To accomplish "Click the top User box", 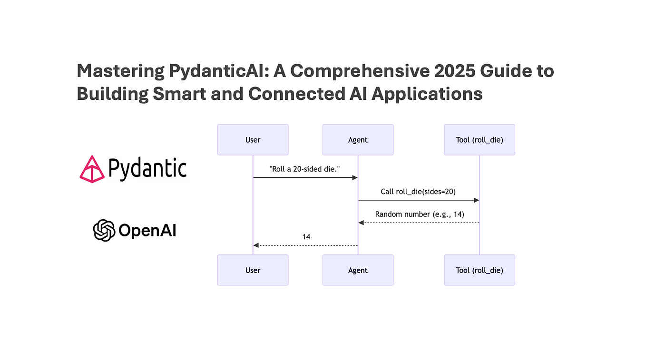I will tap(253, 140).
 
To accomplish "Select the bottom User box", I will tap(253, 270).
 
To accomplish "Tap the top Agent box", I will tap(358, 140).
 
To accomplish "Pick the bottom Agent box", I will tap(358, 270).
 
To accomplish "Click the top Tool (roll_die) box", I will tap(480, 140).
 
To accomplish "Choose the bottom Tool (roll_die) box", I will tap(480, 270).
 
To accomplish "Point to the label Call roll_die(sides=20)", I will tap(419, 192).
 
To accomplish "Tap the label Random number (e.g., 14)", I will tap(420, 214).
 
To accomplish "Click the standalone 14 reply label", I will tap(306, 236).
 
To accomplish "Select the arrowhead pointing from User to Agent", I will tap(354, 177).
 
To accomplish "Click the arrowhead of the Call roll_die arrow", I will tap(476, 200).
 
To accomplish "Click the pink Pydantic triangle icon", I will tap(91, 169).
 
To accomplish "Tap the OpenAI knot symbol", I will tap(104, 231).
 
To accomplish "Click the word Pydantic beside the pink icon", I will tap(147, 168).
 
